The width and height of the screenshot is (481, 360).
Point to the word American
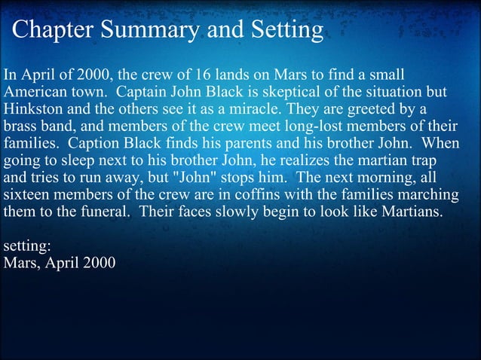pyautogui.click(x=33, y=93)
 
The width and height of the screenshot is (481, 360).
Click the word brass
pyautogui.click(x=19, y=126)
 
